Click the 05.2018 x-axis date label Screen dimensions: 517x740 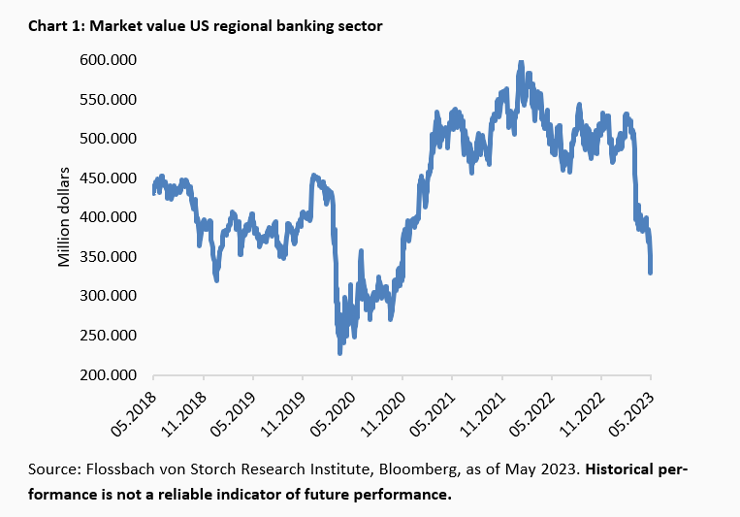coord(138,407)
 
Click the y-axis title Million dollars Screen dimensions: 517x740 coord(64,217)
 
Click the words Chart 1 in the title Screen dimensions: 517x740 coord(55,27)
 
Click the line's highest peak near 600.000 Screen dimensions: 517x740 coord(522,63)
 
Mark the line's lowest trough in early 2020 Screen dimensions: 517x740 coord(339,353)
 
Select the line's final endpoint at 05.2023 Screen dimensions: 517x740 coord(651,273)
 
